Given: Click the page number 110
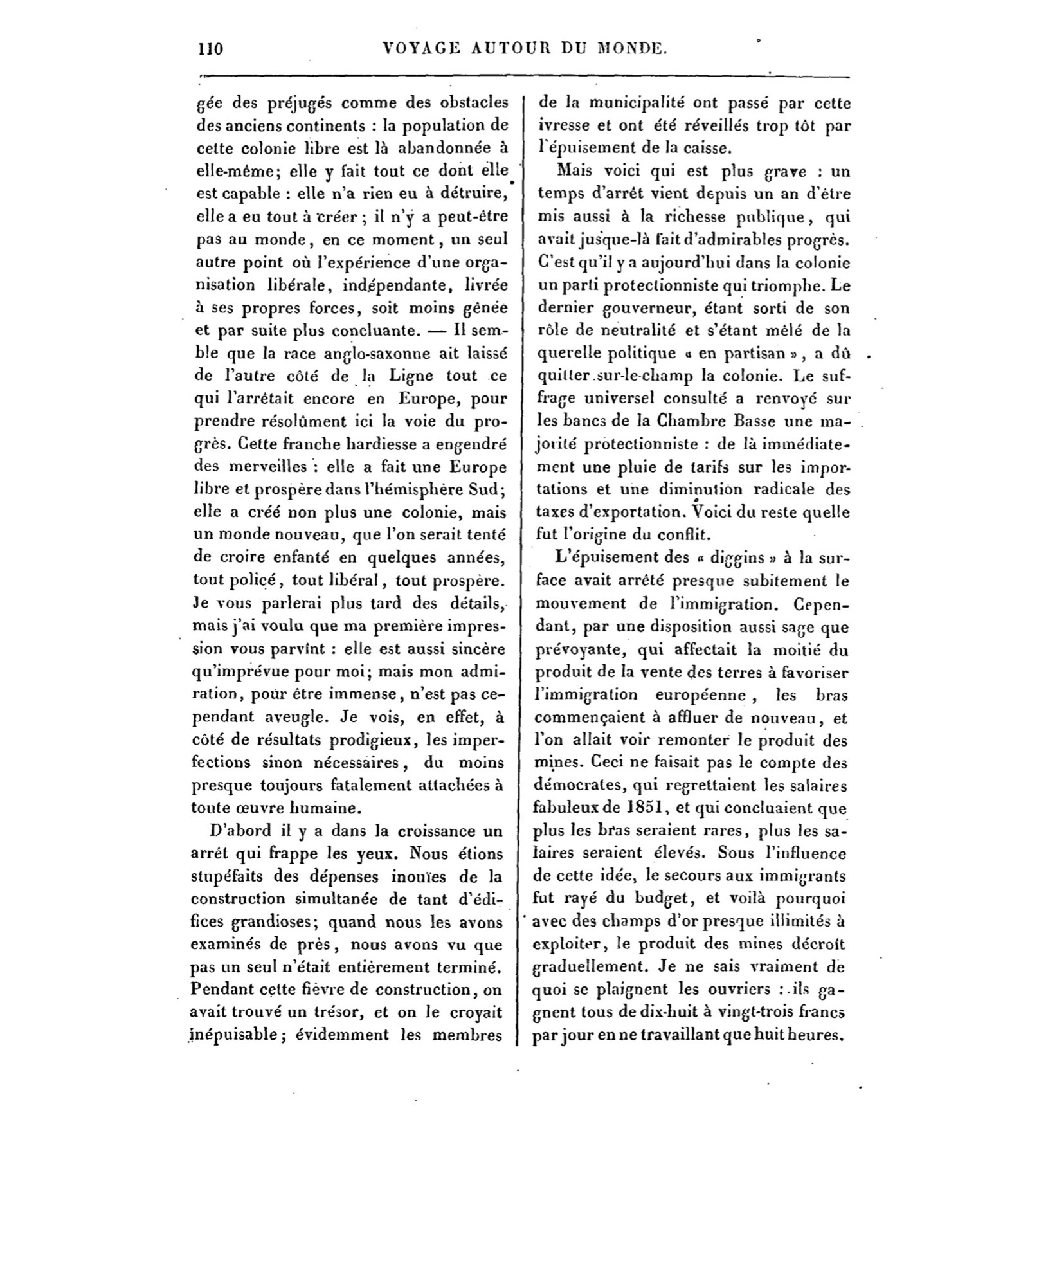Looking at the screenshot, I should click(x=211, y=49).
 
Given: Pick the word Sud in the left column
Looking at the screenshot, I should click(x=485, y=489).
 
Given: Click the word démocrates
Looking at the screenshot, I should click(x=579, y=785).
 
